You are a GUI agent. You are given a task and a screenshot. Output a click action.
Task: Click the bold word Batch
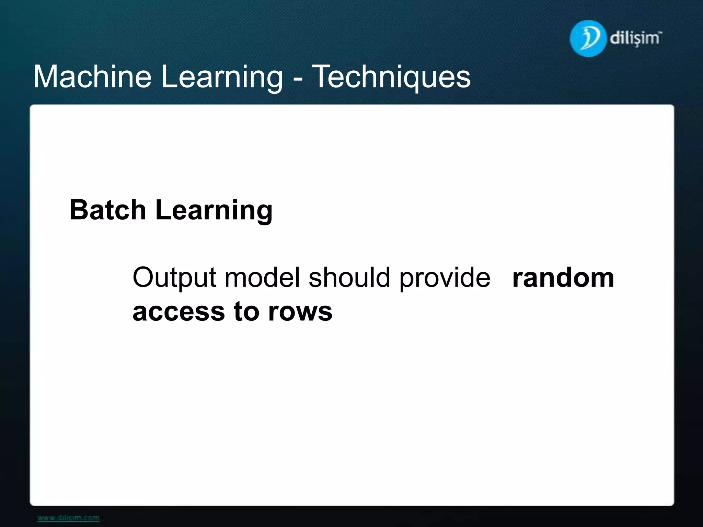tap(108, 210)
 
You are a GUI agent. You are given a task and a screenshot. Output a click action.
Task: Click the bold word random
tap(563, 277)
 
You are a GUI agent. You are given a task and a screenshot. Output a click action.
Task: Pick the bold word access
tap(178, 312)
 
